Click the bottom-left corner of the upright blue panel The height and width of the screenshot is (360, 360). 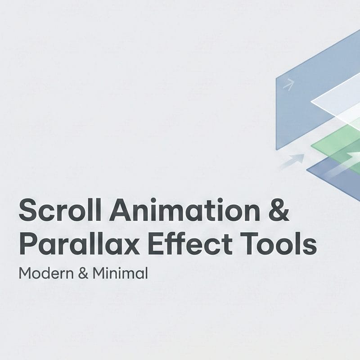[x=276, y=149]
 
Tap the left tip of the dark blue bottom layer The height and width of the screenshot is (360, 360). [x=307, y=170]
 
